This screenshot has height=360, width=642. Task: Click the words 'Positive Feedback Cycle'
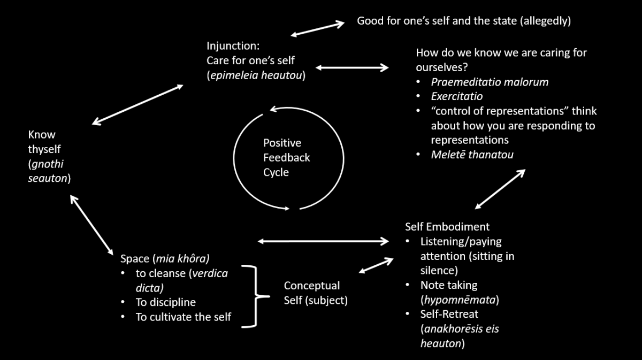click(286, 158)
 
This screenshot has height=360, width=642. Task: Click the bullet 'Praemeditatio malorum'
click(490, 82)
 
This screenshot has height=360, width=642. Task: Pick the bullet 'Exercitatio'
click(457, 97)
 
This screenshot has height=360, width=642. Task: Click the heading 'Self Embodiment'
click(447, 227)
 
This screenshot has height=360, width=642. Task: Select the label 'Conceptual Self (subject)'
click(316, 293)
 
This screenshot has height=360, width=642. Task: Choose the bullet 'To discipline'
click(166, 302)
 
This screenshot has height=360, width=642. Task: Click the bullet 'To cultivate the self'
click(184, 317)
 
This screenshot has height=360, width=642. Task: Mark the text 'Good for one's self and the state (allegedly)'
click(464, 21)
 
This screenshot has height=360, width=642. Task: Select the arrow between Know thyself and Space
click(91, 225)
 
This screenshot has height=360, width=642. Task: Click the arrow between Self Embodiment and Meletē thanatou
click(500, 189)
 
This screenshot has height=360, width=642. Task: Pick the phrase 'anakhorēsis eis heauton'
click(460, 336)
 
